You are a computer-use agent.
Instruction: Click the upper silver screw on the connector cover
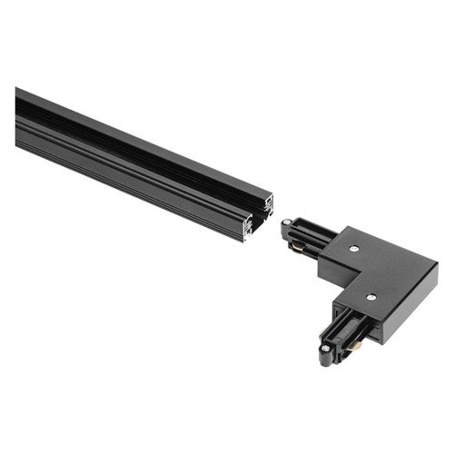(354, 247)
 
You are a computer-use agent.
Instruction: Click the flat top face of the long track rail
(136, 134)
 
